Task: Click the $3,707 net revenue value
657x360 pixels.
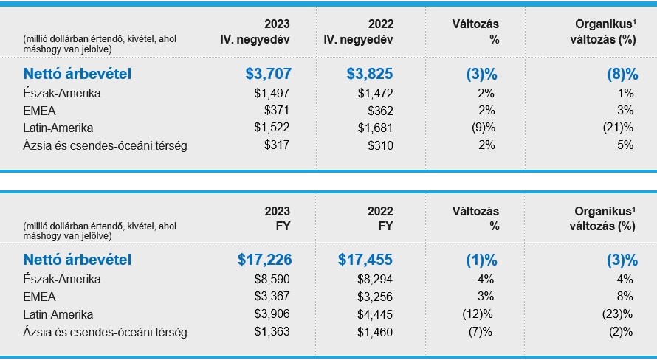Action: [x=268, y=74]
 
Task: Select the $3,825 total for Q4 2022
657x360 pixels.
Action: [x=370, y=74]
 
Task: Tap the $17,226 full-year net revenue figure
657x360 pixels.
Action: [x=264, y=260]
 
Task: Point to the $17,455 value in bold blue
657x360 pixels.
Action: [x=365, y=260]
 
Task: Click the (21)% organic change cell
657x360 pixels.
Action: [x=619, y=128]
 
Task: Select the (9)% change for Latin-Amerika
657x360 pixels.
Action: [x=485, y=128]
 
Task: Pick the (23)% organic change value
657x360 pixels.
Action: [x=619, y=314]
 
